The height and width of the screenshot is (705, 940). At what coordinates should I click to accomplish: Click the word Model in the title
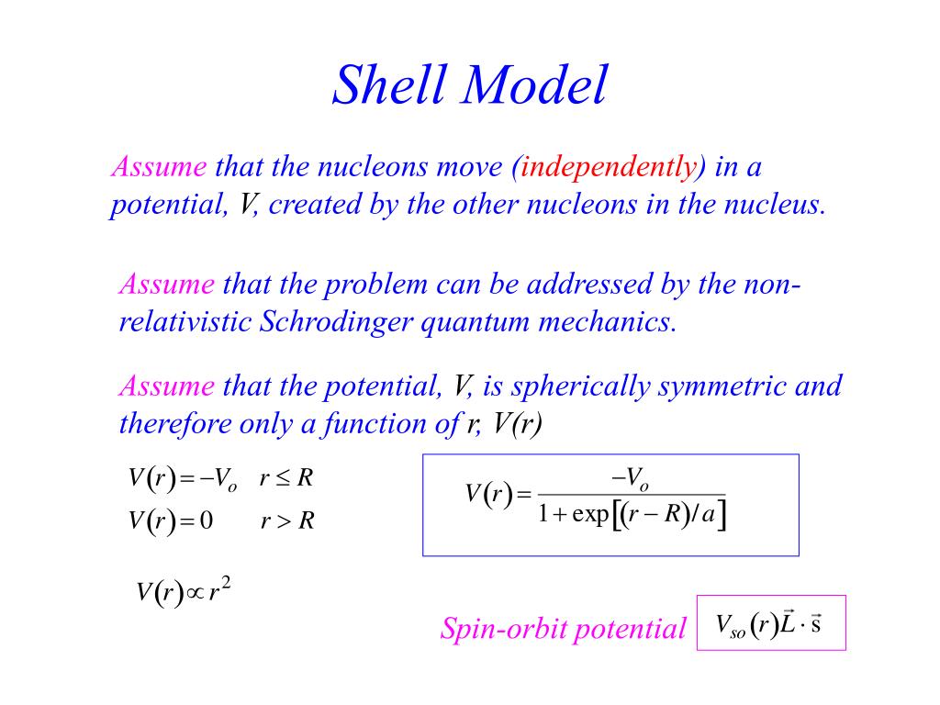pyautogui.click(x=537, y=86)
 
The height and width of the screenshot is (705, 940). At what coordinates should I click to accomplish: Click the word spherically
pyautogui.click(x=580, y=386)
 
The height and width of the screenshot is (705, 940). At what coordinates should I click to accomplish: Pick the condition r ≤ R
pyautogui.click(x=287, y=478)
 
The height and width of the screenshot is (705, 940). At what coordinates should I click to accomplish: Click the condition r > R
pyautogui.click(x=287, y=521)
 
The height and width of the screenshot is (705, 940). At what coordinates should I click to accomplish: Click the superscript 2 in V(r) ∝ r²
pyautogui.click(x=226, y=584)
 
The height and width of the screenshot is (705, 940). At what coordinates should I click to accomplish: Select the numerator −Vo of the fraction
pyautogui.click(x=629, y=478)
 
